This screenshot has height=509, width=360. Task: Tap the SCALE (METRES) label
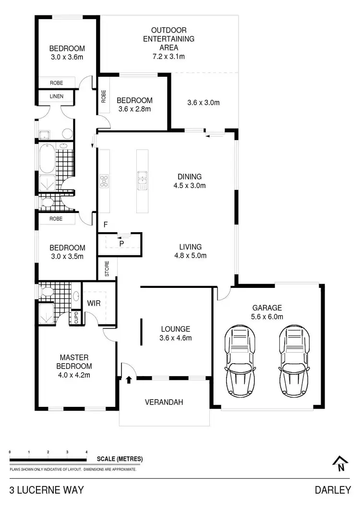[x=120, y=459]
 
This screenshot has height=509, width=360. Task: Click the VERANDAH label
[x=164, y=402]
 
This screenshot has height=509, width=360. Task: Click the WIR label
[x=93, y=304]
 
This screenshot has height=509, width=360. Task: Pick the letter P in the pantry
[x=121, y=244]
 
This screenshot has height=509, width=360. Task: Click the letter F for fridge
[x=105, y=225]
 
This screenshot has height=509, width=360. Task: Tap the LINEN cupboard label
[x=56, y=96]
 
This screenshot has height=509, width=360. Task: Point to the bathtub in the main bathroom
[x=47, y=159]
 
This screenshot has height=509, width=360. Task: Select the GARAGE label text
[x=267, y=308]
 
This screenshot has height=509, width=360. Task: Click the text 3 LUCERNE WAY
[x=47, y=490]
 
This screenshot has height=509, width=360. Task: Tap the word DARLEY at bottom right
[x=333, y=490]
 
